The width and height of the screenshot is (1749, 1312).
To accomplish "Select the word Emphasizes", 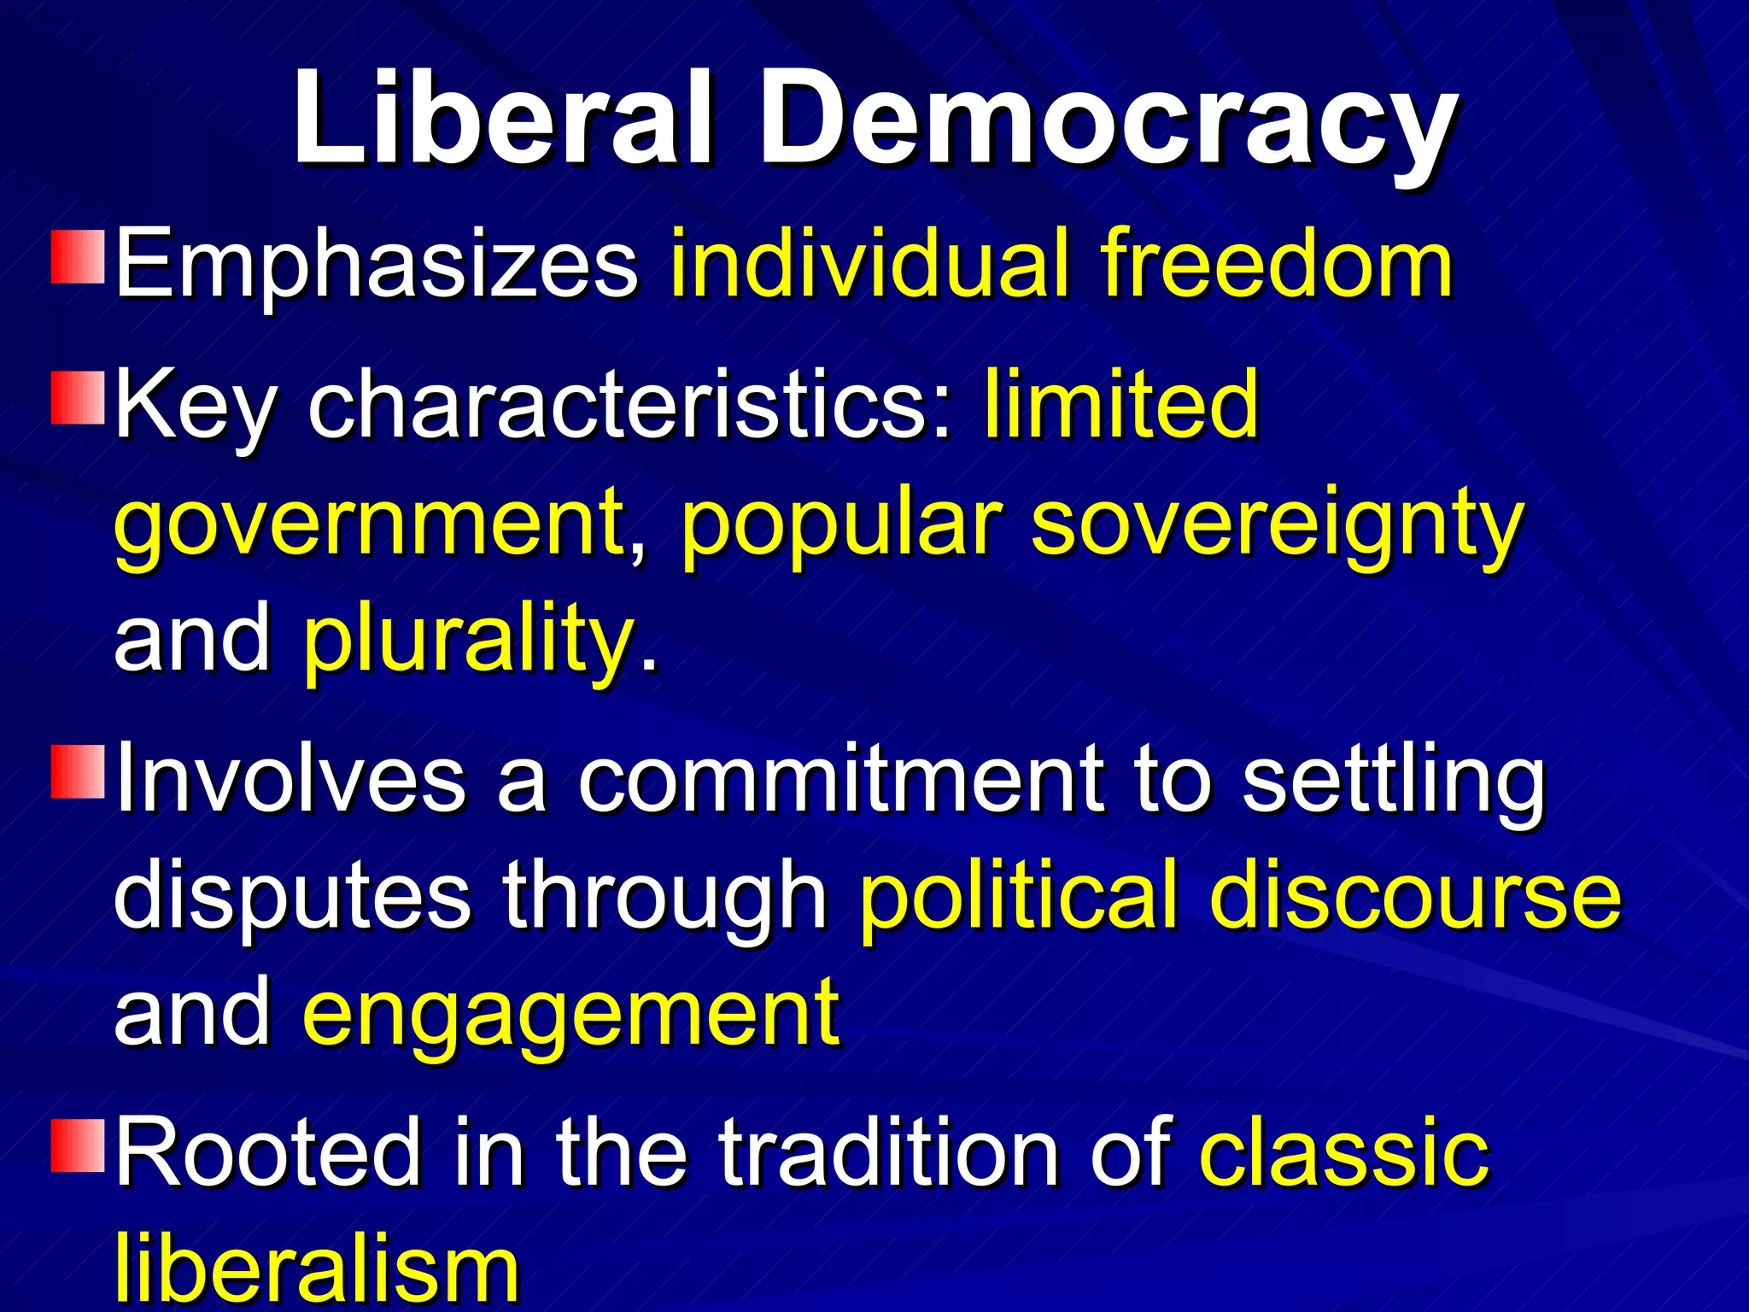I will tap(377, 265).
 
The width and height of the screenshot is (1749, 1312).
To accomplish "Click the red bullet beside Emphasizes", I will tap(78, 255).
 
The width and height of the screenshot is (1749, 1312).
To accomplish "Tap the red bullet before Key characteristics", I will tap(78, 397).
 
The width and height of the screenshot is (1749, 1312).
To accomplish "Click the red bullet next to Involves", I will tap(78, 771).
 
